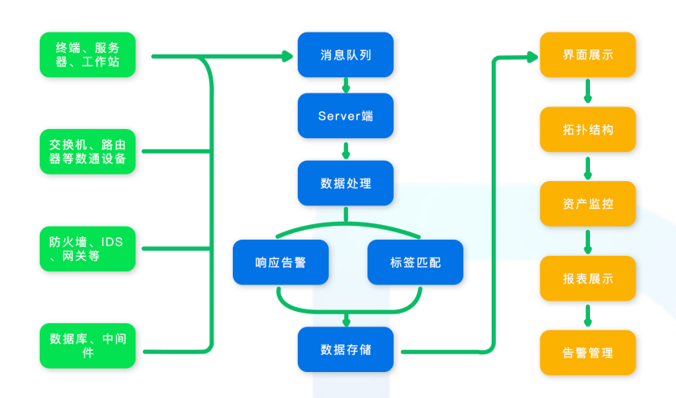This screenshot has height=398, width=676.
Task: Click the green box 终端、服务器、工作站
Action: [x=88, y=55]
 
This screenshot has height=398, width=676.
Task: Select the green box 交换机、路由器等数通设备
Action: [x=88, y=151]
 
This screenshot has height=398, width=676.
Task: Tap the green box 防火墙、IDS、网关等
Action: [x=88, y=249]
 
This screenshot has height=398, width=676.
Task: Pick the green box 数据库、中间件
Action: [x=88, y=345]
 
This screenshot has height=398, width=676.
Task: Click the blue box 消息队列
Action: [x=346, y=55]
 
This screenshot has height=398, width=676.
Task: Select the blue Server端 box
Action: [x=346, y=116]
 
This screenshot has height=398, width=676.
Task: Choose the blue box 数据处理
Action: [x=346, y=184]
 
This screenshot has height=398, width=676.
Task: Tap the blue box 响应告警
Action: [x=280, y=262]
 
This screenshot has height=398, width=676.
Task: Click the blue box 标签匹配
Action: [x=416, y=262]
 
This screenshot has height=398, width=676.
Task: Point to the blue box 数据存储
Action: [x=346, y=349]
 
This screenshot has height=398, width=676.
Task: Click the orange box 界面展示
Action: [x=588, y=55]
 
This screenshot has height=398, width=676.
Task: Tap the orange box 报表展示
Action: [x=588, y=279]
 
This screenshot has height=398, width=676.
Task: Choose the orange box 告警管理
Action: [x=588, y=353]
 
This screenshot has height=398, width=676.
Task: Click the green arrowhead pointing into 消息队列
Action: [x=286, y=57]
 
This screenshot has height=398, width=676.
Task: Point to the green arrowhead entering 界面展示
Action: [x=532, y=57]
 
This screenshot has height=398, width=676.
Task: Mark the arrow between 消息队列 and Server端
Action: [x=346, y=85]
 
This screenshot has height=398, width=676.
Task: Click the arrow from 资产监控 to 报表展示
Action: [x=588, y=241]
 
